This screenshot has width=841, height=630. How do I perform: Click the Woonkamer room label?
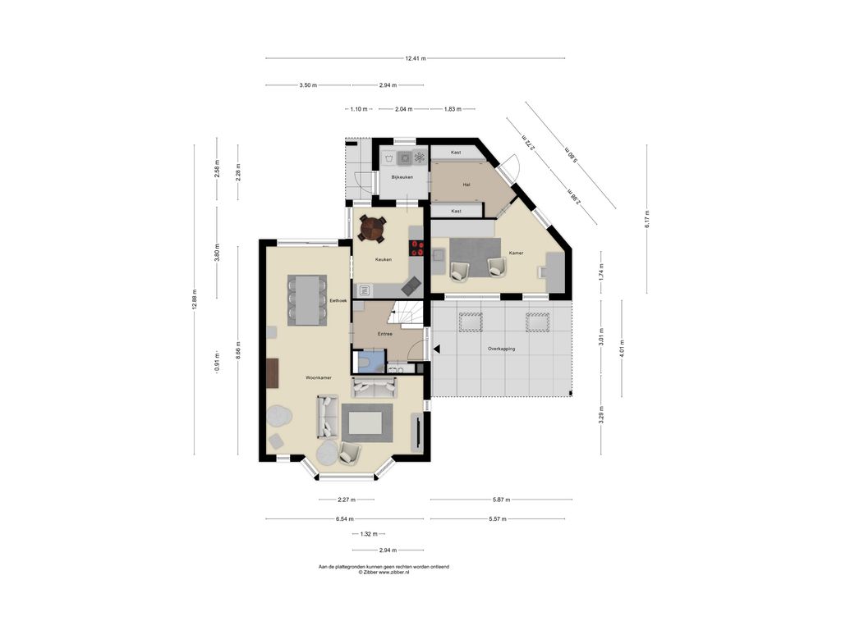[x=318, y=378]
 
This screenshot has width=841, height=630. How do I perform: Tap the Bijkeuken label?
[x=402, y=177]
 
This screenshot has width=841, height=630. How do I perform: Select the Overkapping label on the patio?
[x=501, y=349]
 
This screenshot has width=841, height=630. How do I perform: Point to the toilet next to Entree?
[x=366, y=363]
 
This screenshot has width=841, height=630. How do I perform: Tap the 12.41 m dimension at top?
[x=415, y=58]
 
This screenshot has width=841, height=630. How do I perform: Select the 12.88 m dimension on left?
[x=195, y=296]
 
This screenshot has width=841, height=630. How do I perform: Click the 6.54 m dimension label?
[x=345, y=518]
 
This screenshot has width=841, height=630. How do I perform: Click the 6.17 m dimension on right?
[x=646, y=219]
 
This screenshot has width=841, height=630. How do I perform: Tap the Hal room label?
[x=466, y=185]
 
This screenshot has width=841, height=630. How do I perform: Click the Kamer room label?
[x=516, y=253]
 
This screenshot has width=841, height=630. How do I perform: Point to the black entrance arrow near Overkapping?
[x=436, y=349]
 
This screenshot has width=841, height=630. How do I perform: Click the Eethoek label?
[x=338, y=301]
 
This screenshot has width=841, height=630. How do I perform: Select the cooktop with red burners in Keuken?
[x=416, y=249]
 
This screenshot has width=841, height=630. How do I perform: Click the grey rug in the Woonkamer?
[x=367, y=422]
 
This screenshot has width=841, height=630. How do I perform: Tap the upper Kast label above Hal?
[x=456, y=153]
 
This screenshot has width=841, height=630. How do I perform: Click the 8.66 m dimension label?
[x=238, y=349]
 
